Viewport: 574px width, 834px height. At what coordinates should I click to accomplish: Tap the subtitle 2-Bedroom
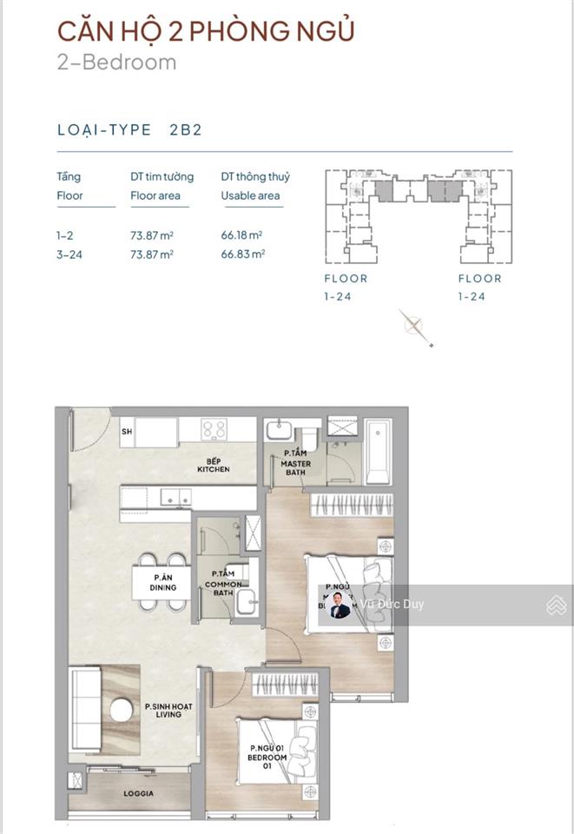point(116,63)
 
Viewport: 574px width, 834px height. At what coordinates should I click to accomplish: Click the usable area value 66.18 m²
point(242,235)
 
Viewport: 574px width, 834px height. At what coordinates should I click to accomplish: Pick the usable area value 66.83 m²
point(242,254)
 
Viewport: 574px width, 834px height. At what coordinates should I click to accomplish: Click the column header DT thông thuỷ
point(255,176)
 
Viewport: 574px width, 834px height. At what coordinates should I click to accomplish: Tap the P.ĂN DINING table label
point(162,582)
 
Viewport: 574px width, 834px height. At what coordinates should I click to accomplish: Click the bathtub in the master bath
point(378,451)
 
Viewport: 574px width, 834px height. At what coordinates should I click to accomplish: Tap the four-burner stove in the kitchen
point(214,429)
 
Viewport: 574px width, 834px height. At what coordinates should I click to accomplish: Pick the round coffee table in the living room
point(121,711)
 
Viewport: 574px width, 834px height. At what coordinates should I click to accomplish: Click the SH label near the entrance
point(127,432)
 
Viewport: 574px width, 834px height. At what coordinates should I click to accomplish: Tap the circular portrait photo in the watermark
point(340,606)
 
